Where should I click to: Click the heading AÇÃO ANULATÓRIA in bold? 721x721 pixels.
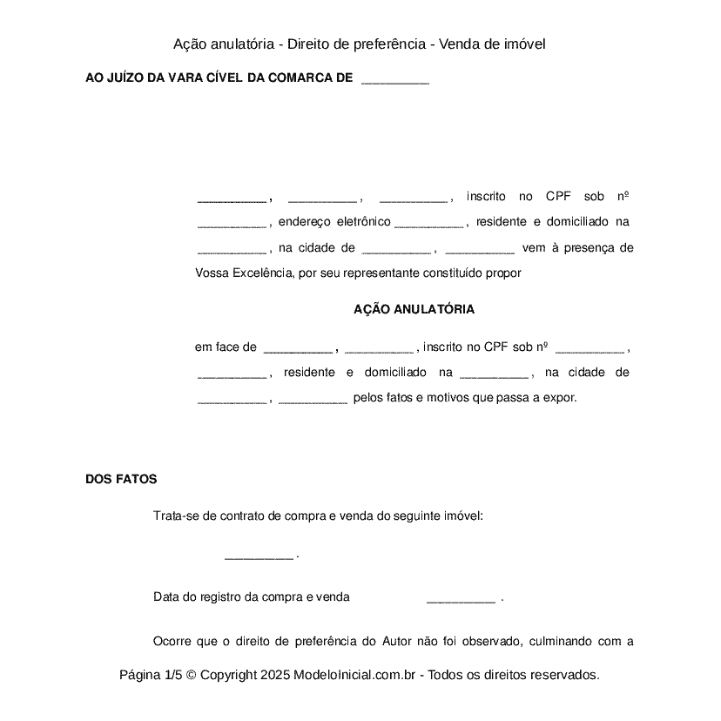pyautogui.click(x=414, y=309)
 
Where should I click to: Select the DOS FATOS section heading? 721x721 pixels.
pyautogui.click(x=121, y=479)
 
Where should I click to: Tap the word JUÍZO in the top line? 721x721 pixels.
pyautogui.click(x=126, y=78)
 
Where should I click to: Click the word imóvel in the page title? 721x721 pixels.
pyautogui.click(x=522, y=44)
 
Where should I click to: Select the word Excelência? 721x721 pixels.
pyautogui.click(x=262, y=273)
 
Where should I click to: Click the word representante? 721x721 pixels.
pyautogui.click(x=380, y=273)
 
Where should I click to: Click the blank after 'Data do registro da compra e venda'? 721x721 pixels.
pyautogui.click(x=461, y=599)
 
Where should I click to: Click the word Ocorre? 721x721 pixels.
pyautogui.click(x=172, y=642)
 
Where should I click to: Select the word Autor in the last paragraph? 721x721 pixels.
pyautogui.click(x=396, y=642)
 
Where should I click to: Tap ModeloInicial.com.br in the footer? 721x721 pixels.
pyautogui.click(x=359, y=675)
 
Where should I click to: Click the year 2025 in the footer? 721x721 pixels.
pyautogui.click(x=273, y=675)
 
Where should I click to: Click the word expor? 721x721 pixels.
pyautogui.click(x=560, y=398)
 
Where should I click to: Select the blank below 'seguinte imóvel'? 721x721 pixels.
pyautogui.click(x=259, y=556)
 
